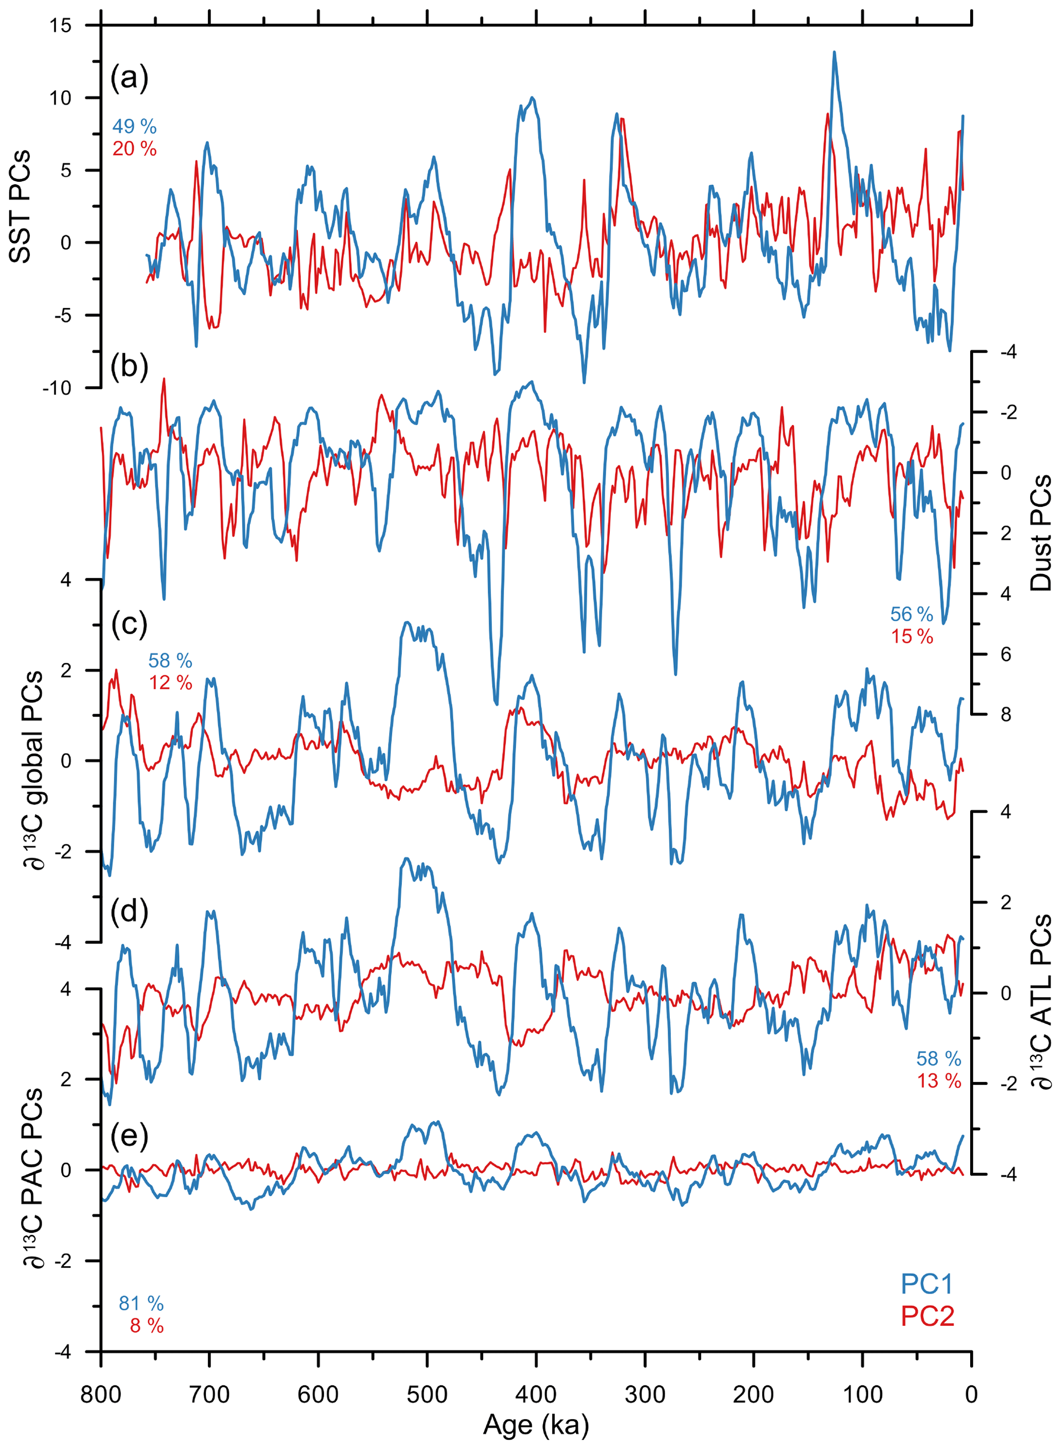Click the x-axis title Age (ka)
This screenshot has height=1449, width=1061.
pos(536,1424)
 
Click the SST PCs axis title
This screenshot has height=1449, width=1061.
pos(20,207)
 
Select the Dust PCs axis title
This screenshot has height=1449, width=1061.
pos(1040,532)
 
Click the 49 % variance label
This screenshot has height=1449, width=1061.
pos(134,126)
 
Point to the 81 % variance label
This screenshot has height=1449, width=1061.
pos(141,1303)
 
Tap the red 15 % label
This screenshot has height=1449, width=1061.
pos(911,637)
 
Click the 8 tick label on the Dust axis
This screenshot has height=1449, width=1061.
pos(1005,714)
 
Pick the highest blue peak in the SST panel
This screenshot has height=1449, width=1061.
pos(834,53)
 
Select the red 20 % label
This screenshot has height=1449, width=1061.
pos(134,148)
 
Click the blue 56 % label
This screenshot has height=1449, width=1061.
pos(911,614)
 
